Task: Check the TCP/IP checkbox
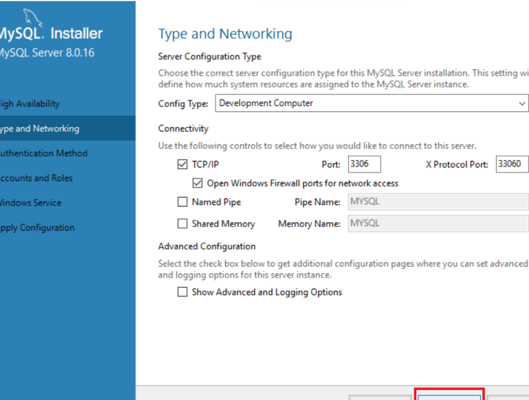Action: [x=182, y=165]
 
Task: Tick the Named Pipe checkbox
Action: [x=182, y=202]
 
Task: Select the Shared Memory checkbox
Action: [x=182, y=224]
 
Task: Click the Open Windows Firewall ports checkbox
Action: [x=197, y=183]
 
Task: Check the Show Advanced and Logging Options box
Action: [x=182, y=292]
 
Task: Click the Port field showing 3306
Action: [x=364, y=165]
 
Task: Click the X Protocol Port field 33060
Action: [x=511, y=165]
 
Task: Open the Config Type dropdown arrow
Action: [x=522, y=104]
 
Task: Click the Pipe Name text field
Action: [x=438, y=202]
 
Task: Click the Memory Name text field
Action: [x=438, y=223]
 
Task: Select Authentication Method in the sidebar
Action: [x=43, y=153]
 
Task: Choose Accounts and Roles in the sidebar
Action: [x=36, y=178]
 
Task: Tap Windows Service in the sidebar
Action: [x=31, y=203]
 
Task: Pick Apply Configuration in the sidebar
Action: [x=37, y=228]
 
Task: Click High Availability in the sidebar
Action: [x=30, y=104]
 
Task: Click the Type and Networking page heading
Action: [x=225, y=34]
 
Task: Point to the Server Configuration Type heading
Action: [x=209, y=57]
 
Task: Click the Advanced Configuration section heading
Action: [x=207, y=247]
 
